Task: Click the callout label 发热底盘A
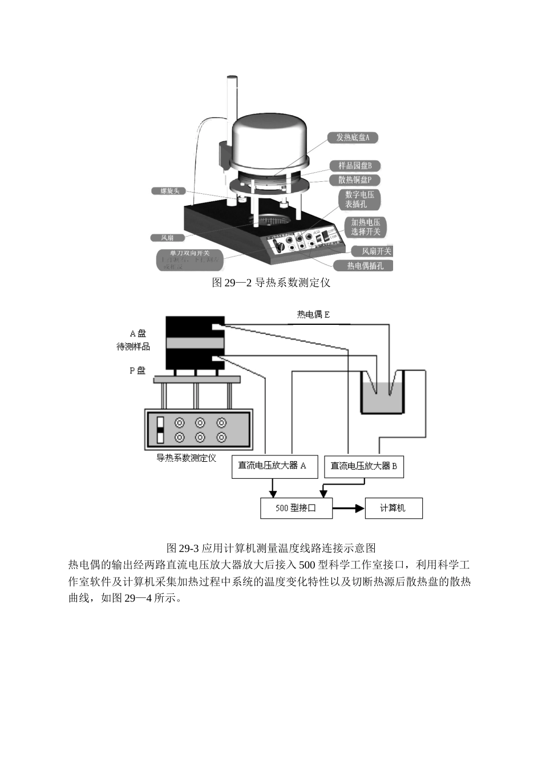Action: pyautogui.click(x=352, y=137)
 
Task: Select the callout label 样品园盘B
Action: pyautogui.click(x=355, y=165)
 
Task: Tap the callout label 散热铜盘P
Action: pyautogui.click(x=355, y=180)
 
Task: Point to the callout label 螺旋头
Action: pyautogui.click(x=169, y=191)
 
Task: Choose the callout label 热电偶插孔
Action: pyautogui.click(x=366, y=266)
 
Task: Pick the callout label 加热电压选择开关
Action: pyautogui.click(x=365, y=227)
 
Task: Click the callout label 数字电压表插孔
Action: pyautogui.click(x=359, y=200)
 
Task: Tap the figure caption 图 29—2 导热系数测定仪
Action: pyautogui.click(x=270, y=283)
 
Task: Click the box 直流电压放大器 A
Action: pyautogui.click(x=272, y=466)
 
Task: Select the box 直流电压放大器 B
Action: pyautogui.click(x=363, y=466)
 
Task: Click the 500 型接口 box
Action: pyautogui.click(x=296, y=508)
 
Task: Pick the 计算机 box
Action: pyautogui.click(x=393, y=508)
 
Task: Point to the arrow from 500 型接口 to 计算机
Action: pyautogui.click(x=349, y=508)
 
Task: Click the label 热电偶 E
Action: pyautogui.click(x=313, y=315)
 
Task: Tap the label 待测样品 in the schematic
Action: pyautogui.click(x=133, y=347)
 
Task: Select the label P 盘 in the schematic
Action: pyautogui.click(x=137, y=371)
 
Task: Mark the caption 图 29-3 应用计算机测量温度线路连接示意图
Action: pyautogui.click(x=270, y=548)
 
